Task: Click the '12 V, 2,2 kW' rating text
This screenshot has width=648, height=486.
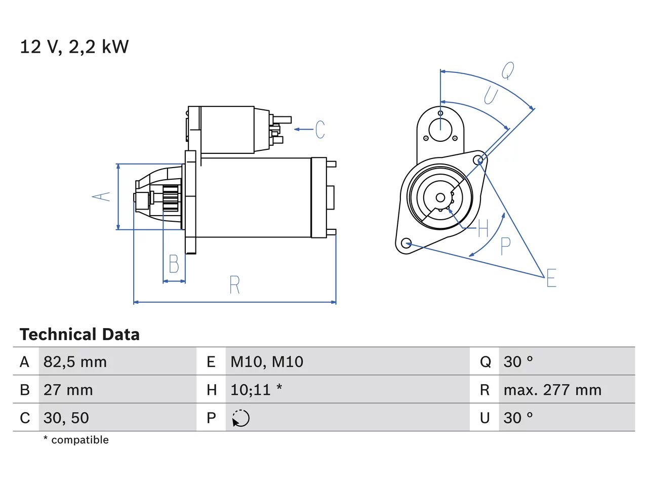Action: [x=74, y=47]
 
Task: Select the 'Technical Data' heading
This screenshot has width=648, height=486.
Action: [x=79, y=334]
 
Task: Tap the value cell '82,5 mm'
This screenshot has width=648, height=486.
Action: [x=75, y=362]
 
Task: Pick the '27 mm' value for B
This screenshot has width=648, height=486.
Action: [x=68, y=390]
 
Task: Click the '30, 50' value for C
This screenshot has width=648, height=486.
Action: [x=66, y=418]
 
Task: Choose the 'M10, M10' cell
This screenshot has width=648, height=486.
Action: [x=267, y=362]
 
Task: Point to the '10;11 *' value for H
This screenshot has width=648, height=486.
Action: [x=256, y=390]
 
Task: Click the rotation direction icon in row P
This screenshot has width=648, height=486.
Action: [x=240, y=418]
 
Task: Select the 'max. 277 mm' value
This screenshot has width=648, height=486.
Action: [x=552, y=390]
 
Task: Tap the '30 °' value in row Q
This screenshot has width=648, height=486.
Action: [x=518, y=362]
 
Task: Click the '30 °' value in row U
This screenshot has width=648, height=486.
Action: [x=518, y=418]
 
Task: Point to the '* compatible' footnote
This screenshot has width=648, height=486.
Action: [x=76, y=439]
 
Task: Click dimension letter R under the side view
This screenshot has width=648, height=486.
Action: [x=235, y=285]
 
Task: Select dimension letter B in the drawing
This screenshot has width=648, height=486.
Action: [x=174, y=264]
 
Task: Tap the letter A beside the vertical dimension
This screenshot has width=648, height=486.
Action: [x=101, y=197]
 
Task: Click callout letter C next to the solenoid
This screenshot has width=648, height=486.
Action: [x=320, y=129]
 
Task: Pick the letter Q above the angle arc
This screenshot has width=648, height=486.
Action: [x=508, y=70]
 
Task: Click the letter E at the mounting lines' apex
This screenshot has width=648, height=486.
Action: [x=551, y=277]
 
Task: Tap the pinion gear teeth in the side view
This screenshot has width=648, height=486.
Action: [x=171, y=198]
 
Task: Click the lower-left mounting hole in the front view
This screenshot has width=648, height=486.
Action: [x=407, y=243]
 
